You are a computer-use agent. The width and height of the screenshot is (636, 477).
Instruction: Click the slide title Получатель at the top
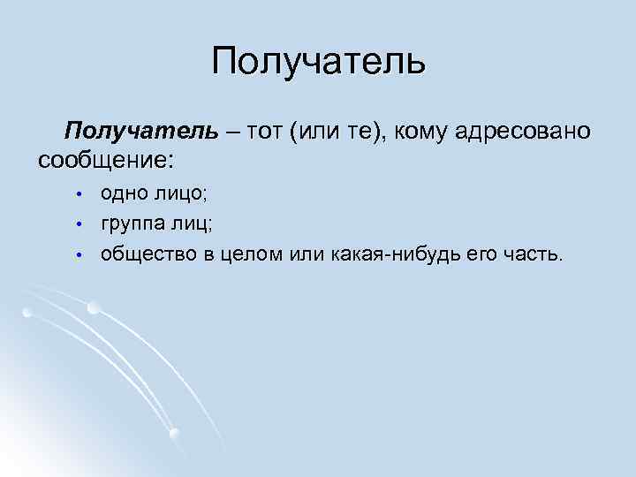click(319, 61)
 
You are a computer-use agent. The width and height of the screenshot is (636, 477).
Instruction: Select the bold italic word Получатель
click(140, 132)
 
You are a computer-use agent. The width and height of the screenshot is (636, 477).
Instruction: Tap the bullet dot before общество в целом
click(78, 255)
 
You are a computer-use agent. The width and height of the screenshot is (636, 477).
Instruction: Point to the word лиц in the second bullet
click(193, 223)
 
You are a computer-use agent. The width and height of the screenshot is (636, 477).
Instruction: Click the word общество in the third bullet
click(141, 254)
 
